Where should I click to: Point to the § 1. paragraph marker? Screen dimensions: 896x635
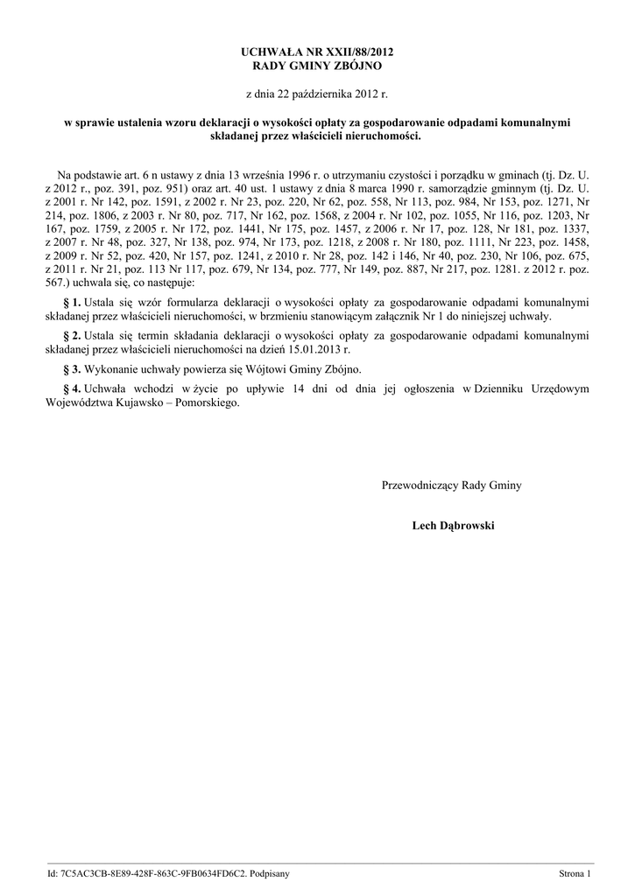coord(72,302)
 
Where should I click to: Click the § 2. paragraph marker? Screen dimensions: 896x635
coord(72,335)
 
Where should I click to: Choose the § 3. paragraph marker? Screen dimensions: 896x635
coord(72,369)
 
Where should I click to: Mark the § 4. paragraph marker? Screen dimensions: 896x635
coord(72,388)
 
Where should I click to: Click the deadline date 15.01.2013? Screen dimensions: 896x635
coord(312,349)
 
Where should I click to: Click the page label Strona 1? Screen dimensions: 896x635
coord(575,874)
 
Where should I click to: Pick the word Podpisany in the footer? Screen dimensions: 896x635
coord(269,874)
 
